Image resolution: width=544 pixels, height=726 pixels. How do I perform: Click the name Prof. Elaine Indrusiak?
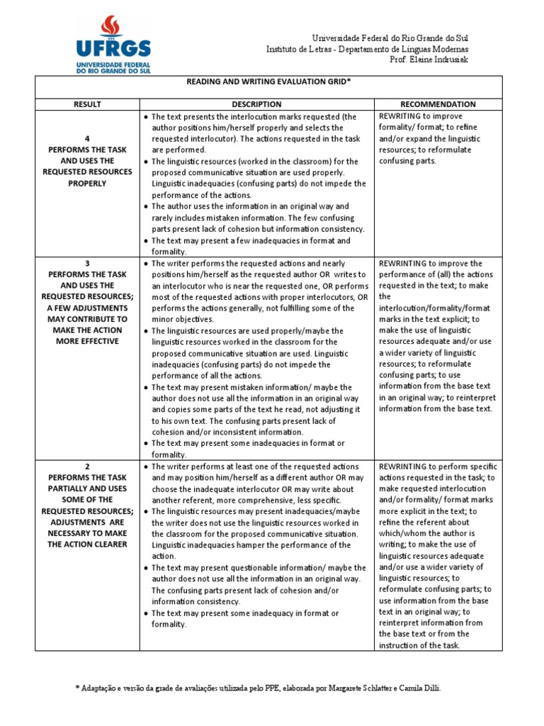pos(429,60)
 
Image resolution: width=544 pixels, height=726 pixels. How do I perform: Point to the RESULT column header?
pos(87,104)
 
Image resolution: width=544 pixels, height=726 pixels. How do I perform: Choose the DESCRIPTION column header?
pos(256,104)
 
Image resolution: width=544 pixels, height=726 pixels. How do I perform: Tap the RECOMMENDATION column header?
pos(438,104)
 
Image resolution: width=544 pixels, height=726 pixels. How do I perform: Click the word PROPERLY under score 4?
pos(87,184)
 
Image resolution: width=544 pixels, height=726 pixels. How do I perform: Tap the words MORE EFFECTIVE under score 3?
pos(87,342)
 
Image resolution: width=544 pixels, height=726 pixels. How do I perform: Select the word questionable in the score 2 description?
pos(233,568)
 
